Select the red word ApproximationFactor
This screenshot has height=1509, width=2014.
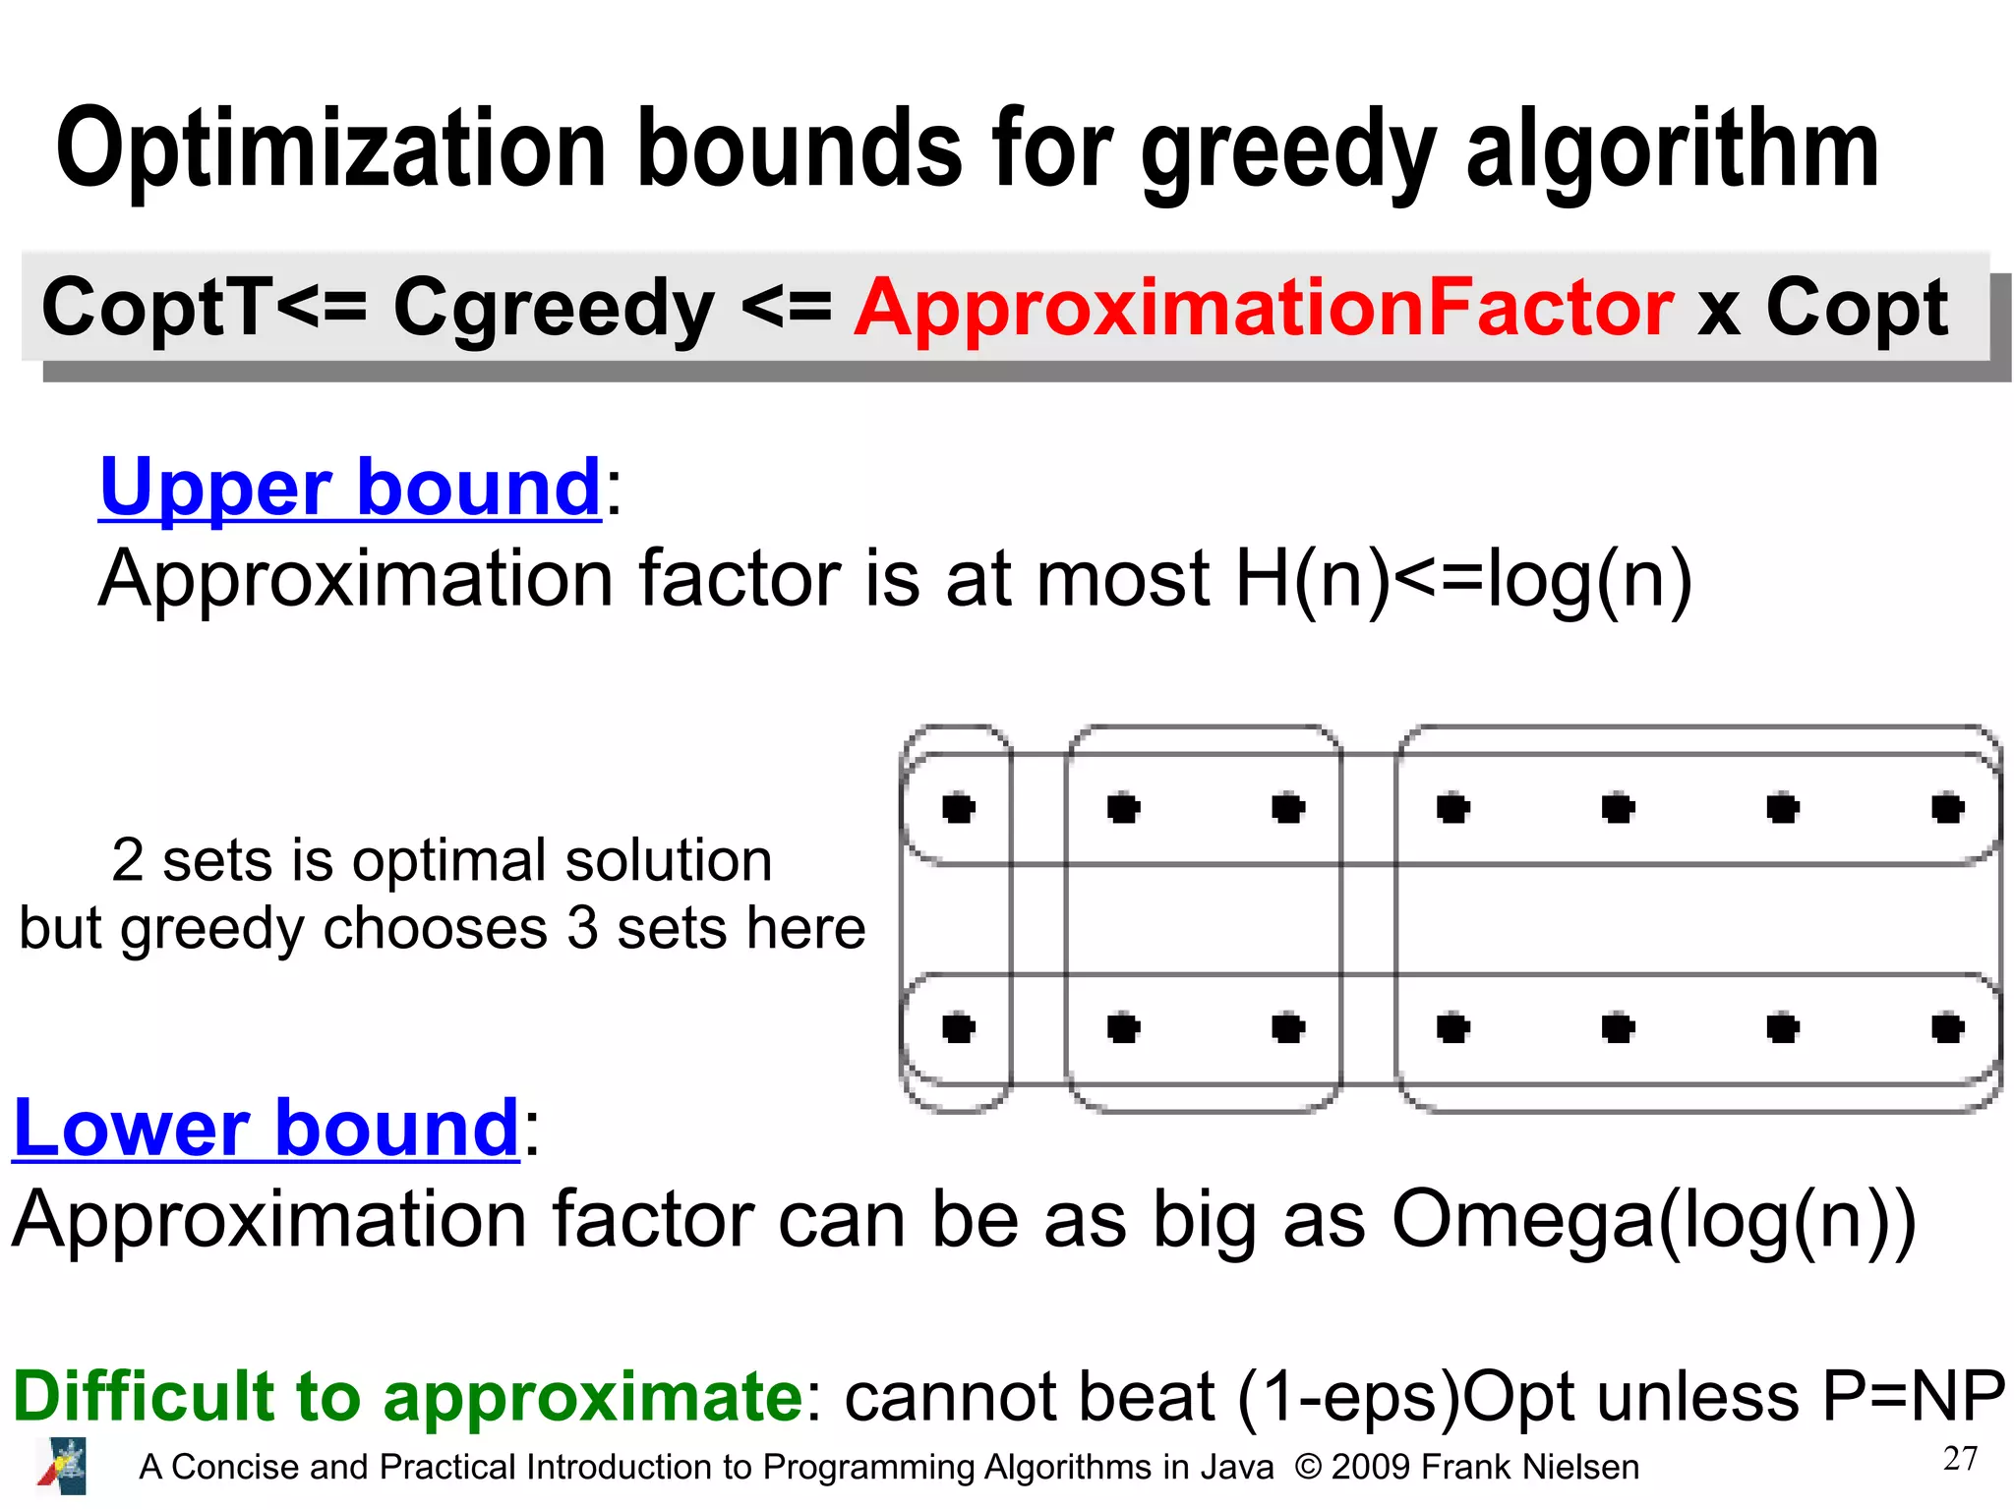click(1264, 308)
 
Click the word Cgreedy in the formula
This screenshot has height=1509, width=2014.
click(554, 308)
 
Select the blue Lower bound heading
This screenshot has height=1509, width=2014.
click(266, 1128)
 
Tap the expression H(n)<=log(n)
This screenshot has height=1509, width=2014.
click(1463, 579)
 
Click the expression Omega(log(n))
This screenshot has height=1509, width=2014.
click(1654, 1220)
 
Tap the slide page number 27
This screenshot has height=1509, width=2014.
click(1960, 1459)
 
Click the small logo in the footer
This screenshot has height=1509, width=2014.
click(62, 1466)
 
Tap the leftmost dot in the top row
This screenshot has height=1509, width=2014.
click(958, 808)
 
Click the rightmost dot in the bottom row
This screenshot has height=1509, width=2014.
click(1947, 1028)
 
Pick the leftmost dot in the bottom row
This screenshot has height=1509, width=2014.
click(958, 1028)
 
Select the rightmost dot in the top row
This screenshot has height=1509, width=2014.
click(1947, 808)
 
